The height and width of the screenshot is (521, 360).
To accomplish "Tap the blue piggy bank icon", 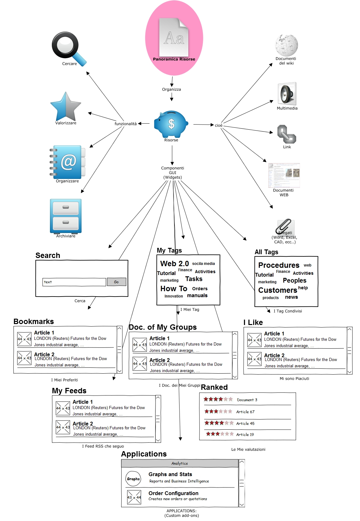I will click(x=171, y=124).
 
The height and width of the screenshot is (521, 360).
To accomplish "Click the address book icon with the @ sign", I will click(x=67, y=162).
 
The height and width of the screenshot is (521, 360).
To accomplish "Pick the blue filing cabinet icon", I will click(x=66, y=216).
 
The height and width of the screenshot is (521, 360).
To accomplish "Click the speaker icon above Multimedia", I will click(x=287, y=94).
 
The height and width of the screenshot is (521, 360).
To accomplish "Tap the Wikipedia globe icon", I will click(x=286, y=45).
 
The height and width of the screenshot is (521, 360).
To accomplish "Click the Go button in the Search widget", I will click(x=116, y=282).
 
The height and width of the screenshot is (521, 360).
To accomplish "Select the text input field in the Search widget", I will click(x=74, y=282).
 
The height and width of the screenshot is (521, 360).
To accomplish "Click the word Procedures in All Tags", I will click(x=278, y=265).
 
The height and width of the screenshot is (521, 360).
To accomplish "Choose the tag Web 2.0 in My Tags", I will click(x=174, y=264).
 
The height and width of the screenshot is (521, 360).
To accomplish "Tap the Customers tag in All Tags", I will click(x=278, y=290).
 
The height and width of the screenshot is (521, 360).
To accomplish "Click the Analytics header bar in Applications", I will click(x=180, y=463).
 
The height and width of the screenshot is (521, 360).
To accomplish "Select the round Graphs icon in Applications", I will click(x=133, y=479).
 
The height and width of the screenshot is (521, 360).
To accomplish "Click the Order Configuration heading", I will click(x=174, y=493).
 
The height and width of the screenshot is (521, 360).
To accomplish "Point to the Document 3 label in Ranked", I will click(x=247, y=400).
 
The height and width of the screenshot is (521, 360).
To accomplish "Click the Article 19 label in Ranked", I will click(x=245, y=435).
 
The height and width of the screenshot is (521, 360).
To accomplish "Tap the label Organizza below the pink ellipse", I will click(x=172, y=89).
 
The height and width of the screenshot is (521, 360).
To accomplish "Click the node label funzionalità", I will click(x=125, y=124).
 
